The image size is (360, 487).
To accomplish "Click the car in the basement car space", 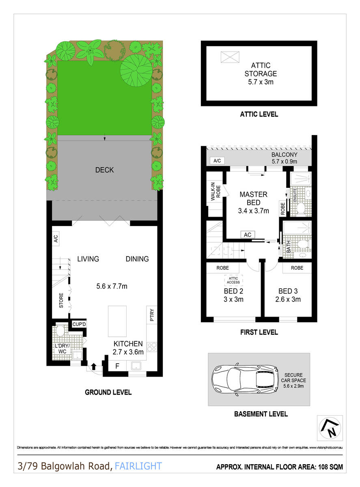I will [244, 379].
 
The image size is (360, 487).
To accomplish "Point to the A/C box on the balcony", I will [217, 161].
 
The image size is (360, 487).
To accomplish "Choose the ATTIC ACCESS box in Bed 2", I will [233, 280].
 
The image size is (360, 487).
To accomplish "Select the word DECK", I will [104, 170].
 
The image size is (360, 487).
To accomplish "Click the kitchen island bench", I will [117, 321].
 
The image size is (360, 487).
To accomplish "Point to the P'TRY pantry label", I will [152, 315].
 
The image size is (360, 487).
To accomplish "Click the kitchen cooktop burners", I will [152, 347].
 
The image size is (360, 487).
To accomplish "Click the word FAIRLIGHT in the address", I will [138, 466].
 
